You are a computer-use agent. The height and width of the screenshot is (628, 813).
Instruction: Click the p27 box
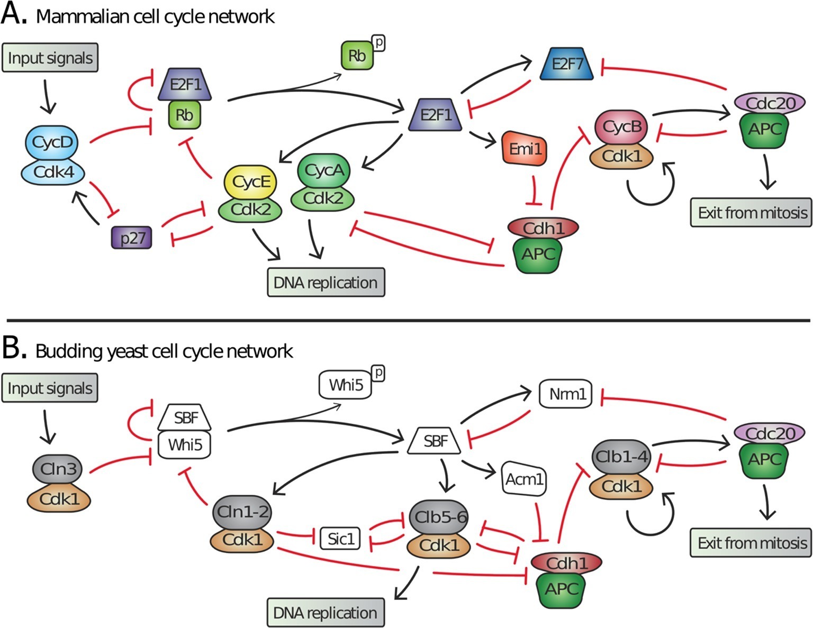tap(132, 238)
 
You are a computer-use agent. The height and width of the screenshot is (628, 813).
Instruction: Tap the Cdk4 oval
tap(53, 171)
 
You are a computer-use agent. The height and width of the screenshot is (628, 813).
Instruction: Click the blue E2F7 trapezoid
tap(567, 65)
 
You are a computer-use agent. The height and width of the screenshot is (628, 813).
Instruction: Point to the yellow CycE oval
tap(251, 182)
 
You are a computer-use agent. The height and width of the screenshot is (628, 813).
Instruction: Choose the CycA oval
tap(324, 171)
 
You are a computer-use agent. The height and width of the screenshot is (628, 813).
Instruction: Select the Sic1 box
tap(341, 539)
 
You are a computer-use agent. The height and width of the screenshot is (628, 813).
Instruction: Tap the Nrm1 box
tap(567, 394)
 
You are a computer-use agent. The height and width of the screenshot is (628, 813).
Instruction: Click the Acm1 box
tap(524, 479)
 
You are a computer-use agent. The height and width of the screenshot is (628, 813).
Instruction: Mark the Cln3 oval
tap(58, 469)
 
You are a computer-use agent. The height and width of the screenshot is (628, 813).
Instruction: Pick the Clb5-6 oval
tap(440, 517)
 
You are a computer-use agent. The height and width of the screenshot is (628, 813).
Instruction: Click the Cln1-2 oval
tap(243, 512)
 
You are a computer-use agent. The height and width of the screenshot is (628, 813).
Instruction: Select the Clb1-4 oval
tap(621, 457)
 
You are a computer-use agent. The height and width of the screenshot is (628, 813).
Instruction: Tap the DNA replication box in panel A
tap(326, 283)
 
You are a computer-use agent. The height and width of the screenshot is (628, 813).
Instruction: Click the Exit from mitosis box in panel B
tap(751, 543)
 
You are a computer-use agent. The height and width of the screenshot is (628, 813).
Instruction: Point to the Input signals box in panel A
tap(50, 58)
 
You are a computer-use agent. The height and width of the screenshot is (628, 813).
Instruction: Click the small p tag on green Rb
tap(378, 43)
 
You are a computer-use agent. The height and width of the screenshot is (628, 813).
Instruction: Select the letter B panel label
tap(14, 349)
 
